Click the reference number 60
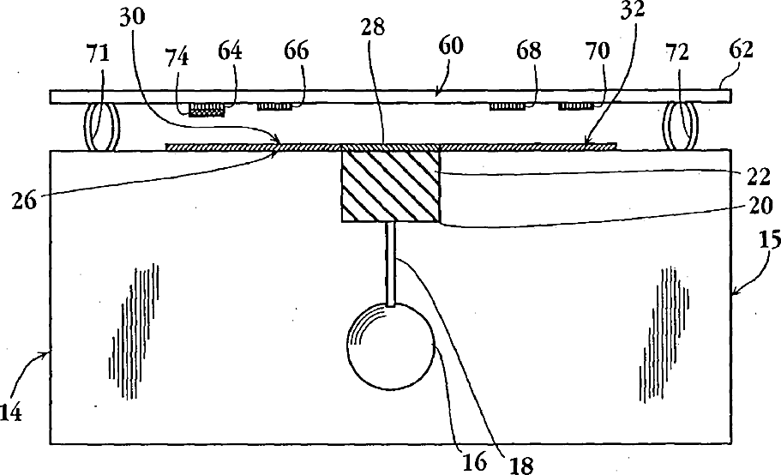click(453, 46)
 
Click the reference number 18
click(520, 466)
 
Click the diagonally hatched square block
click(390, 186)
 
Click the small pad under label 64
click(207, 109)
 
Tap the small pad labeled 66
click(275, 107)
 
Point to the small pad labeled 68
click(508, 107)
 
